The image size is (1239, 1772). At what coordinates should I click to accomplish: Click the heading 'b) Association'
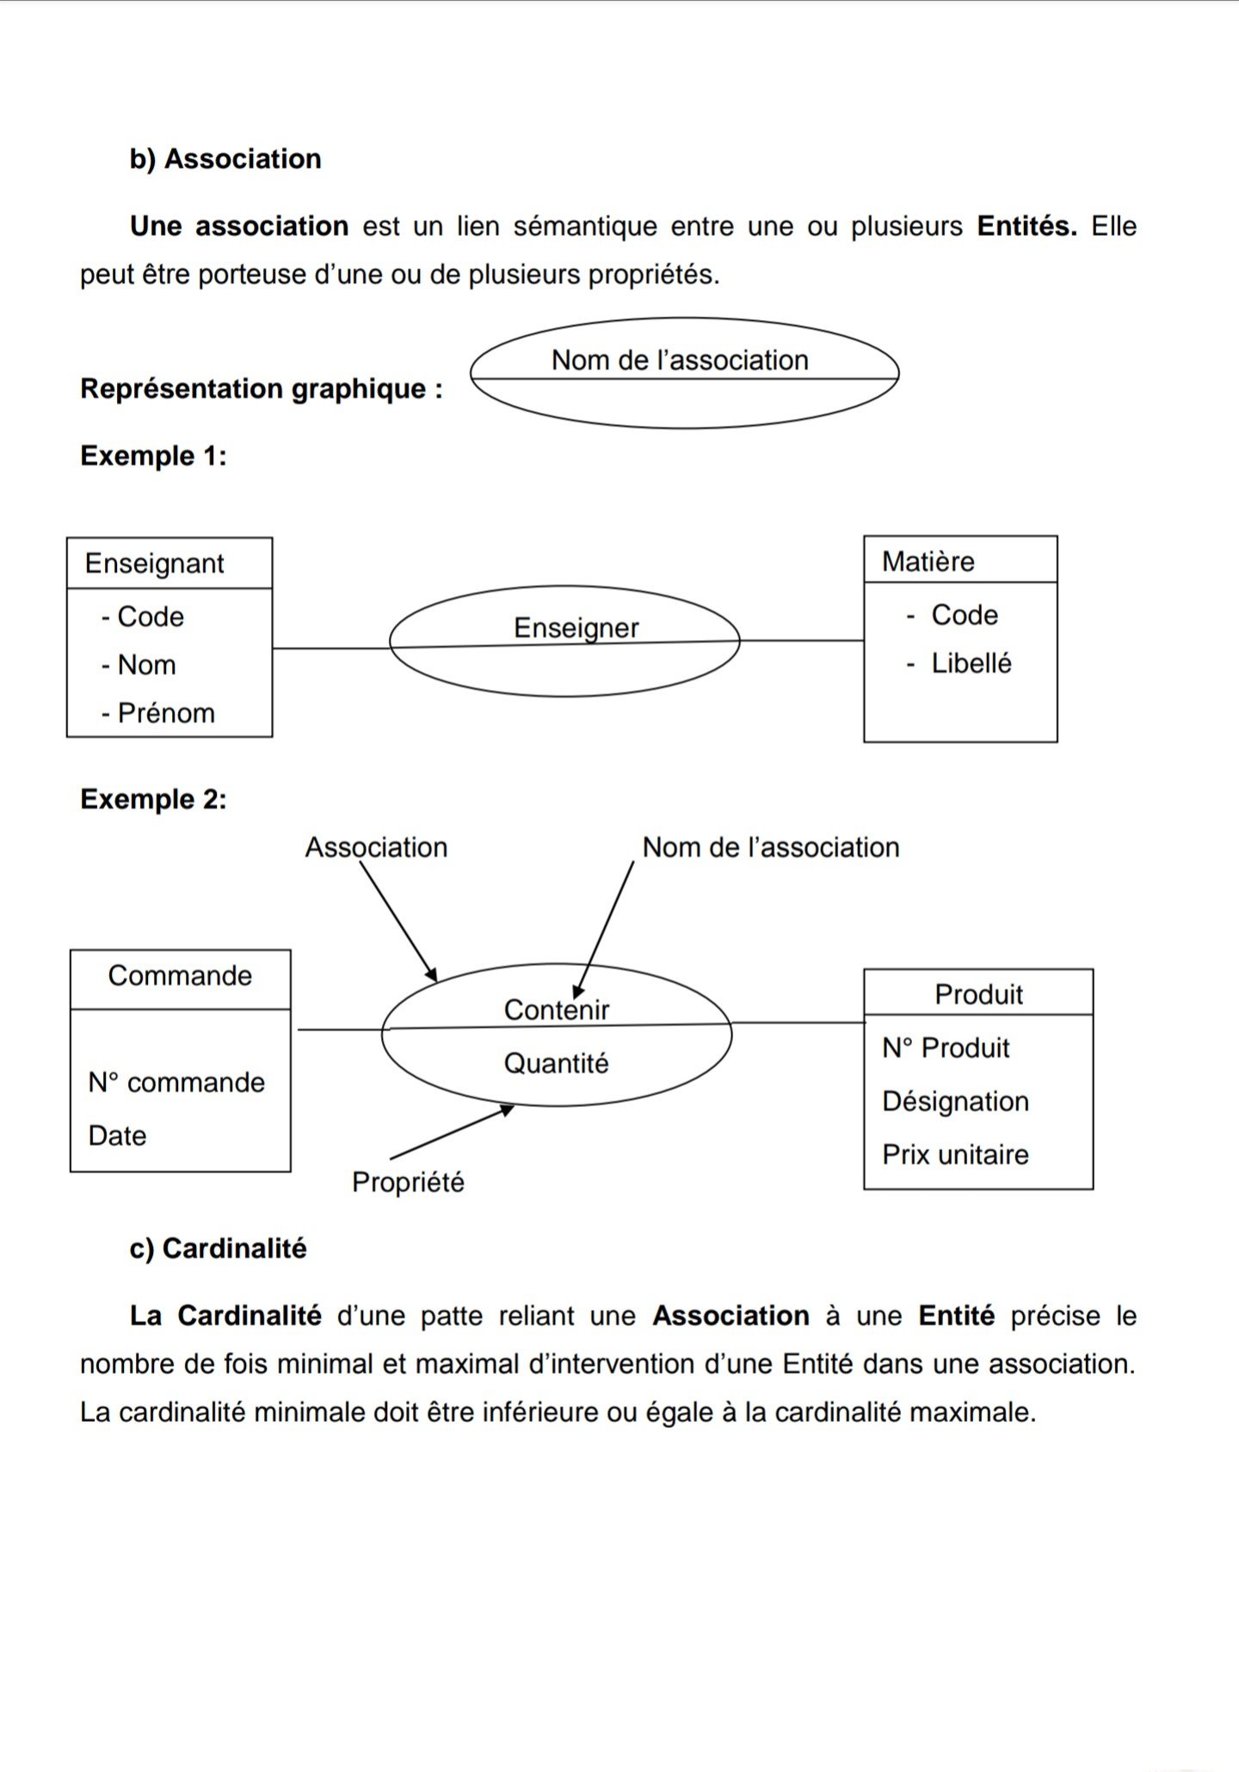coord(225,159)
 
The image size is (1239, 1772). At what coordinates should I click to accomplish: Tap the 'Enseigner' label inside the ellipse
coord(576,628)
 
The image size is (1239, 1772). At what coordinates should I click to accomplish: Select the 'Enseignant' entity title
coord(154,563)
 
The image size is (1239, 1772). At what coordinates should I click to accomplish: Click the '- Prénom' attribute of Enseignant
coord(158,713)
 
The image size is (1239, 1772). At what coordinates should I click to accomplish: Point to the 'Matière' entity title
coord(928,562)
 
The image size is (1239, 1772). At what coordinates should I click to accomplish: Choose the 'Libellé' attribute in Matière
coord(971,663)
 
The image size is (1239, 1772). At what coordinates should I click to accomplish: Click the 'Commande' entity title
coord(180,976)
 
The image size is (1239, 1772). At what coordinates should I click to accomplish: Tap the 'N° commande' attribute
coord(176,1082)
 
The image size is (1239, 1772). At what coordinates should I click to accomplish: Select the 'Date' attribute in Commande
coord(117,1135)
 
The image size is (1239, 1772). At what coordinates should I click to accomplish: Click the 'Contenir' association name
coord(557,1010)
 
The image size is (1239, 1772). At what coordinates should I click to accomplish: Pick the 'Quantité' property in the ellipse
coord(556,1064)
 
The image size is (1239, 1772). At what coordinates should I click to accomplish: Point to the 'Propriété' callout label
coord(408,1182)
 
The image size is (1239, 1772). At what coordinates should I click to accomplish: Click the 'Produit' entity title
coord(978,994)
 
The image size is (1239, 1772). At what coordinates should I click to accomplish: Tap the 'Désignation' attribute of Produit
coord(955,1101)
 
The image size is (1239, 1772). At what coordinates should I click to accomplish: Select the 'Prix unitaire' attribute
coord(955,1154)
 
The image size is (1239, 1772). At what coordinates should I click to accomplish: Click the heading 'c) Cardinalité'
coord(218,1248)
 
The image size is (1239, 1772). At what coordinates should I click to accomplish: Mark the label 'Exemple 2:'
coord(153,799)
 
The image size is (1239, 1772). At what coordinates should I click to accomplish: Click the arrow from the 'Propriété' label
coord(452,1133)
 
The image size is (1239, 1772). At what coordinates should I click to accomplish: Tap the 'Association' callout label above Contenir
coord(376,847)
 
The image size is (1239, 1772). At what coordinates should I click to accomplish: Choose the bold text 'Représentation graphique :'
coord(262,389)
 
